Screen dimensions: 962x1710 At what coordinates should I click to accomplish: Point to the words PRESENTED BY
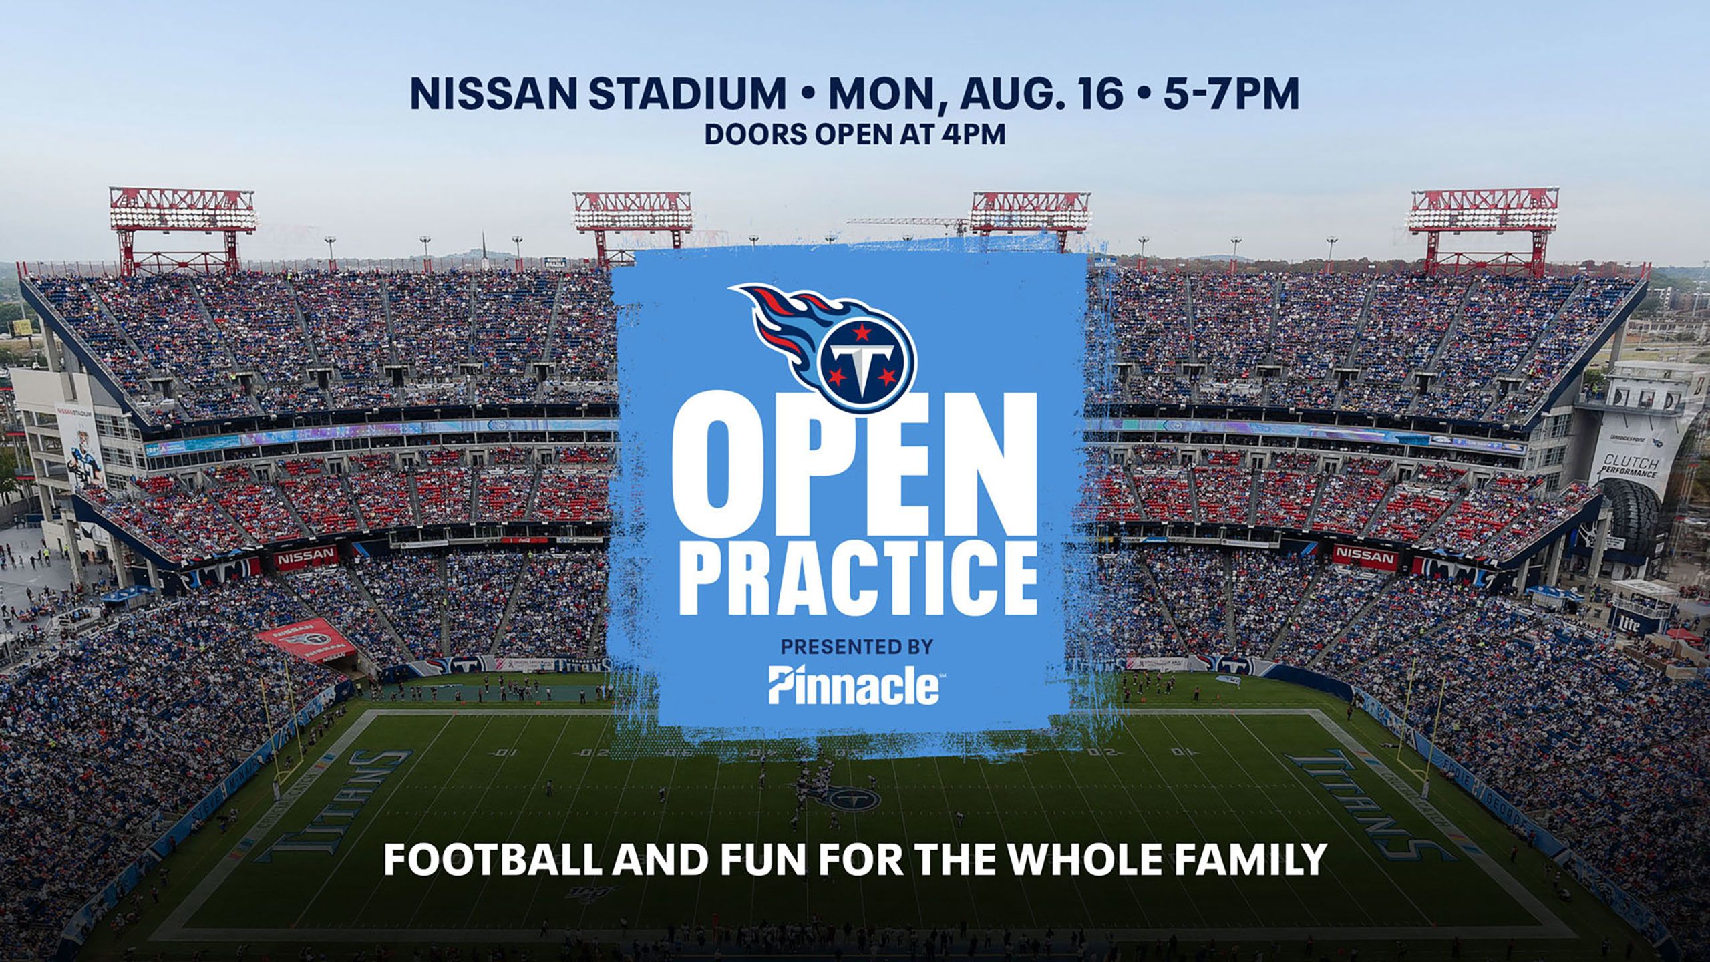856,647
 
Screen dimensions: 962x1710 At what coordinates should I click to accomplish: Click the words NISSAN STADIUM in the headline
598,94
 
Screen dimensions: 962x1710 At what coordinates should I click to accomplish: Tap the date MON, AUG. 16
975,94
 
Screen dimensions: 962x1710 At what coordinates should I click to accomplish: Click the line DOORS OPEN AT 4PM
855,134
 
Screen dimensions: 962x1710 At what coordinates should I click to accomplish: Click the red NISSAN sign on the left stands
307,556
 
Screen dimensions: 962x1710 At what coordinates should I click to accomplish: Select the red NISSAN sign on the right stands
1365,556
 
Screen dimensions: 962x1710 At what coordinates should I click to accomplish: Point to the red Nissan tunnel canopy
309,640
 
